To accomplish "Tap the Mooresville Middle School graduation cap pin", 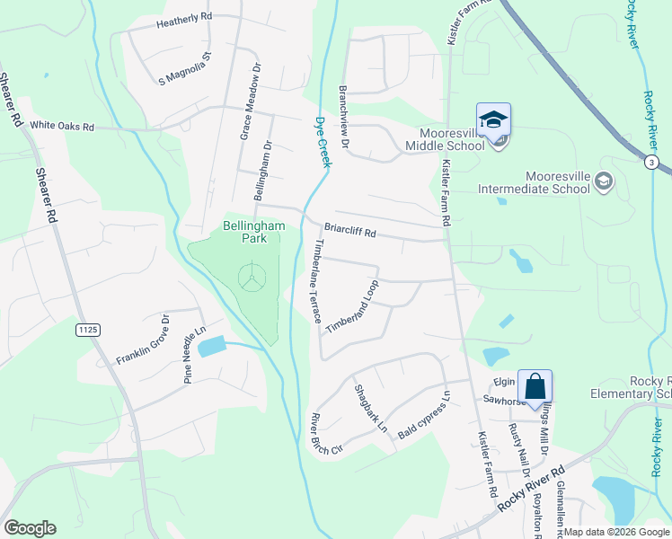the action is click(493, 119).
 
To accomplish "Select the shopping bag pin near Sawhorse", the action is click(535, 386).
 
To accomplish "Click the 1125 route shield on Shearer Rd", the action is click(87, 331).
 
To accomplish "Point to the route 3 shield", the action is click(654, 162).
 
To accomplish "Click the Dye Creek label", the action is click(323, 141).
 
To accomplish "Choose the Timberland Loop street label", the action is click(352, 308).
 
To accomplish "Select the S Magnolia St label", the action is click(184, 68).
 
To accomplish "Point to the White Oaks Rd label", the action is click(62, 128).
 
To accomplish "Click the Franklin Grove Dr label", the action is click(143, 340).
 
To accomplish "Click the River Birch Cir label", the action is click(325, 433).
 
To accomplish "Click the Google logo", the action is click(30, 528).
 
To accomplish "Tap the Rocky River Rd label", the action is click(534, 490).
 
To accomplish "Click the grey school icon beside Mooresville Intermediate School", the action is click(604, 182).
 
